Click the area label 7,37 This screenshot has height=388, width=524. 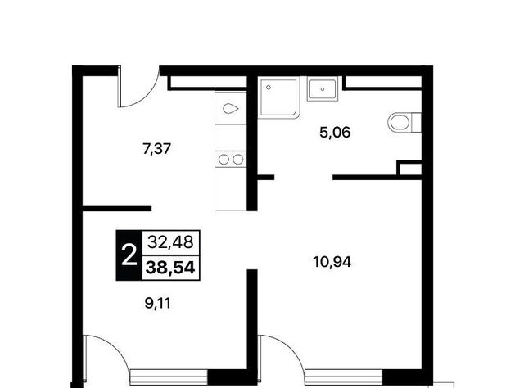(156, 149)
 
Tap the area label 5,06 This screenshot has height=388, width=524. (335, 133)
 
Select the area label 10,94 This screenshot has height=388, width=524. (332, 262)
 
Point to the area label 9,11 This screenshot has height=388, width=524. (158, 304)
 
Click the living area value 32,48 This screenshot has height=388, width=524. (170, 241)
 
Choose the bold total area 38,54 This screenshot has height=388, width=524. (170, 268)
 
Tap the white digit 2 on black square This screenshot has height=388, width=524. (129, 255)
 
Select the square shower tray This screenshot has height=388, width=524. (278, 97)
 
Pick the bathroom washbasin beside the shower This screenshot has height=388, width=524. (323, 89)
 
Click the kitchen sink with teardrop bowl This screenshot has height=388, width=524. (231, 108)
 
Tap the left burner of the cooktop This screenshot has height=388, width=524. (224, 160)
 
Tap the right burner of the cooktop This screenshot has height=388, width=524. (238, 160)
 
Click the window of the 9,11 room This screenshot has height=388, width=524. (169, 377)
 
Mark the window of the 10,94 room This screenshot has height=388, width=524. (344, 377)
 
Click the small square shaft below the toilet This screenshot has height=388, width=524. (409, 168)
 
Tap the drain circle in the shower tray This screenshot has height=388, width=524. (269, 88)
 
